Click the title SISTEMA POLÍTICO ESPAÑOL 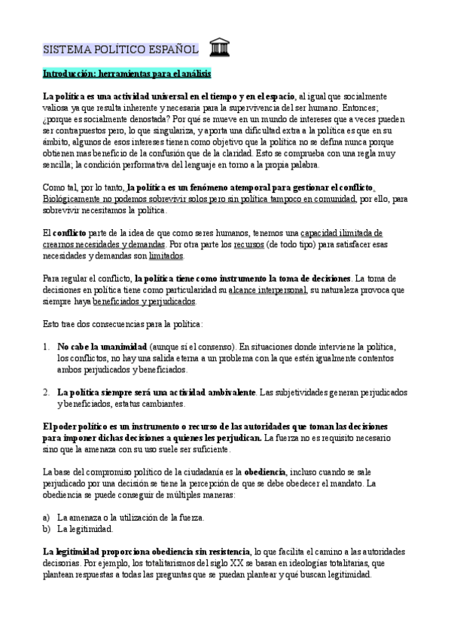pos(120,50)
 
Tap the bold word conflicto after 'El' pos(69,233)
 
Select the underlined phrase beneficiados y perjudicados pos(144,301)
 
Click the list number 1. pos(46,346)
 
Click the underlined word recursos pos(249,244)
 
